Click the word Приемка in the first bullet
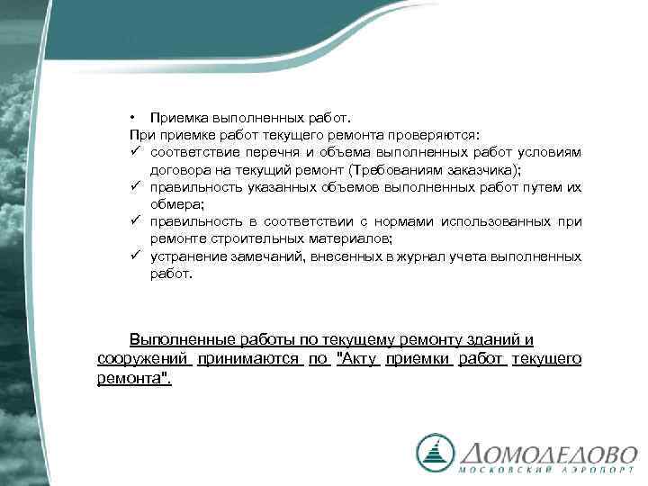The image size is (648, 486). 176,117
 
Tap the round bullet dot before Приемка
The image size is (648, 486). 131,117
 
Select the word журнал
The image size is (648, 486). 409,256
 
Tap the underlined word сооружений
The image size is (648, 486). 144,359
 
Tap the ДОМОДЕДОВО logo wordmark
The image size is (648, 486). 549,452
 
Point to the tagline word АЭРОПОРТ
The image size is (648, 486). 593,472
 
